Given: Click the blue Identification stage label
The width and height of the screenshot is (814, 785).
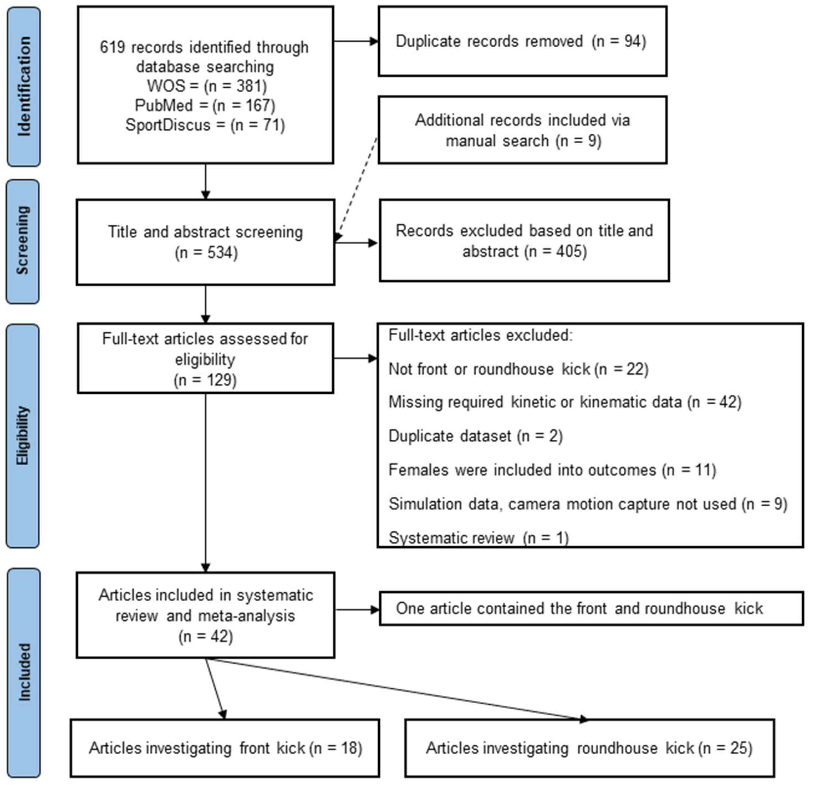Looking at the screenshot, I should coord(24,86).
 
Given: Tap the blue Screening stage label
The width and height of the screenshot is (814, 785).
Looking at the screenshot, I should coord(23,241).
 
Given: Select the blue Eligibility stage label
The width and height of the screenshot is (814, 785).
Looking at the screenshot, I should coord(23,436).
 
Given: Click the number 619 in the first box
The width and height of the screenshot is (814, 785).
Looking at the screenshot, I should coord(112,47).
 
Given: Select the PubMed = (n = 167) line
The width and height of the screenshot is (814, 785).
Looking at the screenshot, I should coord(205,106).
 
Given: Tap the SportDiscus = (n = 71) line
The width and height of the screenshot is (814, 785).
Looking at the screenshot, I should coord(205,125).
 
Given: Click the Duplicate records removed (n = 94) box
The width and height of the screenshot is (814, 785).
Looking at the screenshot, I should coord(522,41).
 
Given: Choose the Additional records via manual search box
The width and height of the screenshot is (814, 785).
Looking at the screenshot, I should coord(522,130).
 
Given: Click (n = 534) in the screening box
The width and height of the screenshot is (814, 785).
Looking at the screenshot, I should coord(206,252).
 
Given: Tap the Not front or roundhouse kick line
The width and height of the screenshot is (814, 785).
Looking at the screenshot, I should coord(518,369).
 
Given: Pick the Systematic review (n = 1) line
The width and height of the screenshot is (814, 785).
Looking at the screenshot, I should coord(478,538).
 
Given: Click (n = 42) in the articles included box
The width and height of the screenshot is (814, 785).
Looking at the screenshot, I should coord(206,636).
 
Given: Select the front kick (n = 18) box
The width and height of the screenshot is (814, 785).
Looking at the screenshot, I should coord(225,748).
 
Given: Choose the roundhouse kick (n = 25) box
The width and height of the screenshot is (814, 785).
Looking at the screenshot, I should coord(589,748).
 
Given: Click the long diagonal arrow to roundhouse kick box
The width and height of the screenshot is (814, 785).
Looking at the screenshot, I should coord(395,689).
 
